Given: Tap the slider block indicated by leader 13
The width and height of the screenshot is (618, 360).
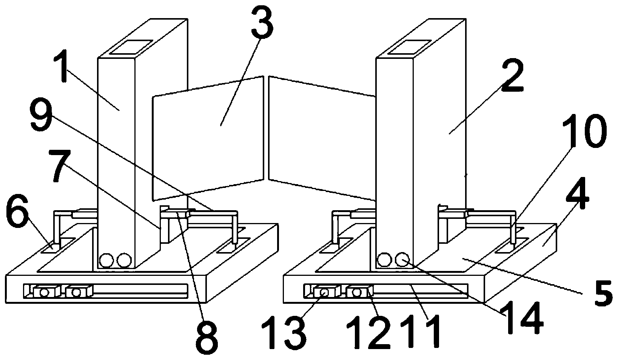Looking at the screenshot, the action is pyautogui.click(x=322, y=292).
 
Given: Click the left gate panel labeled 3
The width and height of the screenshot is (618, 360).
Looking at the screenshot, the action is pyautogui.click(x=208, y=138).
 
